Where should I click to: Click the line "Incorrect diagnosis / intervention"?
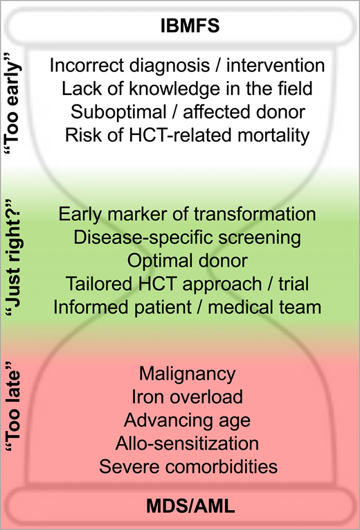click(x=187, y=67)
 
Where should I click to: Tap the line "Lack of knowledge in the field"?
click(x=187, y=89)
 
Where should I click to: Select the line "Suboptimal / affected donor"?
click(x=187, y=112)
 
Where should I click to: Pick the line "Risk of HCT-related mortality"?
click(x=187, y=135)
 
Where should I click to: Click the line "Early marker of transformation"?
click(x=187, y=215)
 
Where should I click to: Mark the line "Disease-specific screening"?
click(x=187, y=238)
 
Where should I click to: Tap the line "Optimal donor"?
click(x=187, y=261)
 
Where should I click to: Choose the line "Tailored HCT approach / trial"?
click(x=187, y=284)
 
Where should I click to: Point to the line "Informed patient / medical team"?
click(x=187, y=307)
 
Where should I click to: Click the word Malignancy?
click(x=187, y=375)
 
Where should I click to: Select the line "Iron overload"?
click(x=187, y=398)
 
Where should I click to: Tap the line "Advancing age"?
click(x=187, y=421)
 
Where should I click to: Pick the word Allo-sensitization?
click(x=187, y=443)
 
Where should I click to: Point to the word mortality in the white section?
click(x=272, y=135)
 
